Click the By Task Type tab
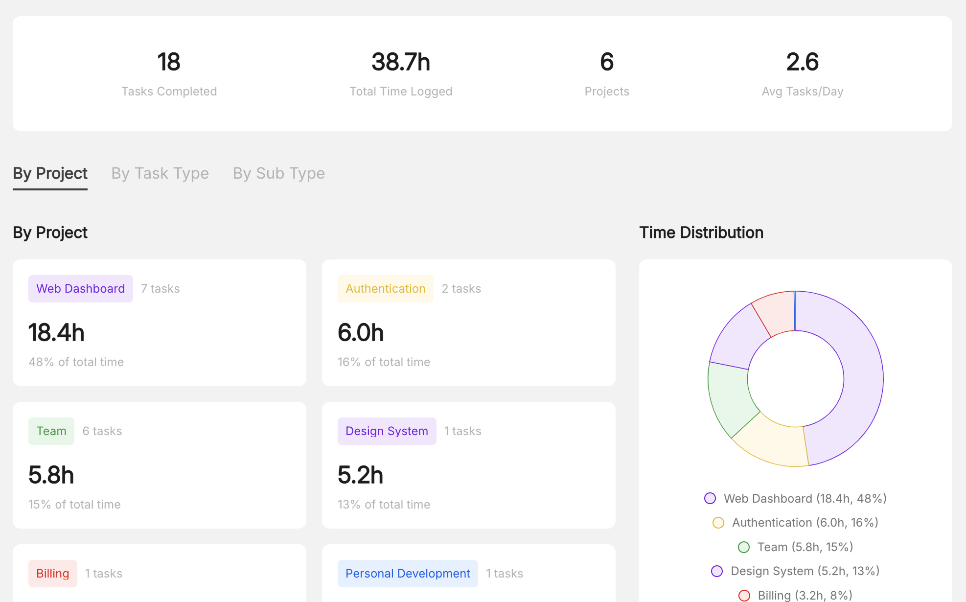coord(160,173)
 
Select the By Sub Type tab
coord(278,173)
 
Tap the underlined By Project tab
coord(50,173)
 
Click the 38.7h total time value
coord(401,62)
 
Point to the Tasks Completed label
coord(169,92)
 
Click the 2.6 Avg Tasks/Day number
coord(802,62)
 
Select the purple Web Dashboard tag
coord(80,289)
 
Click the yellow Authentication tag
coord(385,289)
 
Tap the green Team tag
coord(51,431)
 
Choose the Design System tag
coord(387,431)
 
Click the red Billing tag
coord(53,574)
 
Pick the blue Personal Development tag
coord(408,574)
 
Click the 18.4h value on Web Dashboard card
coord(56,333)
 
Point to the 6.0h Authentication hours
coord(361,333)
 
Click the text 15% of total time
coord(74,505)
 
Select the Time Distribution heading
coord(701,232)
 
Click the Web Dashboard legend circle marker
coord(710,498)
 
